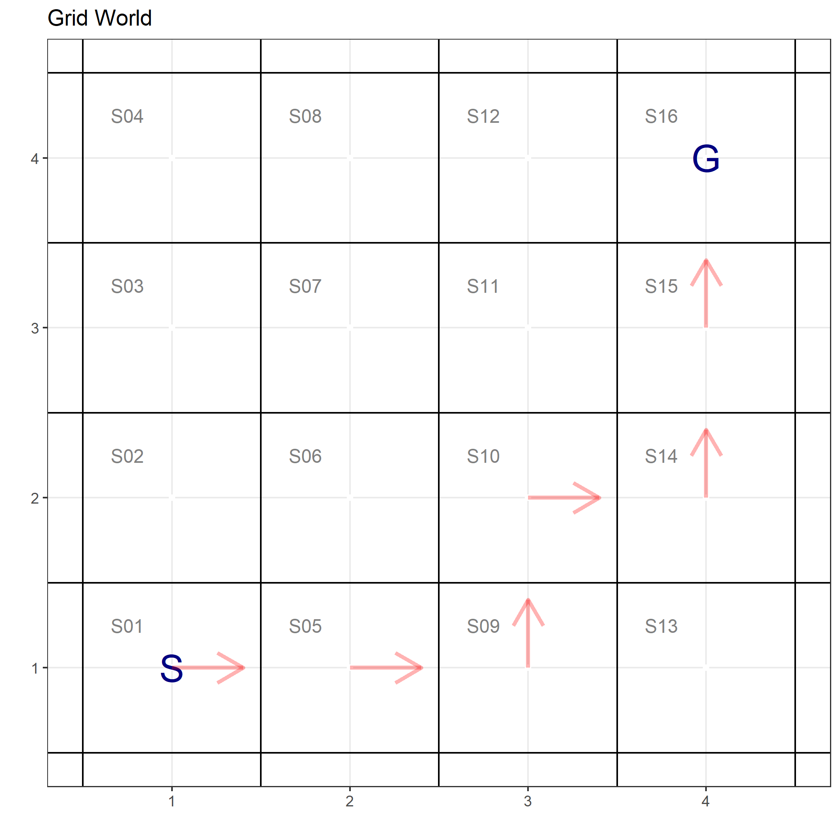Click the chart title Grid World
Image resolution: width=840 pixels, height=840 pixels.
click(99, 18)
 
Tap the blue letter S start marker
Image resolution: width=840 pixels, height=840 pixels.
click(171, 669)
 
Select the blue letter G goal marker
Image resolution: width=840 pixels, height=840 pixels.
click(706, 159)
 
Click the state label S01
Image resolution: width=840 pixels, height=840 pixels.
click(126, 626)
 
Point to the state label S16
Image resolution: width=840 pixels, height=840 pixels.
click(661, 116)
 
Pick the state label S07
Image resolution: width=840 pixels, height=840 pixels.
click(305, 286)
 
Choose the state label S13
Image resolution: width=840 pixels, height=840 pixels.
click(661, 626)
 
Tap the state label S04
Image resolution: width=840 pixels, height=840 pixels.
click(127, 116)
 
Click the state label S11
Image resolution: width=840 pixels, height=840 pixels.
click(483, 286)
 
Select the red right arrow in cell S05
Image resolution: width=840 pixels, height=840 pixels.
click(386, 667)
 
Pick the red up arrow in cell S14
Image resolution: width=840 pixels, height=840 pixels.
click(706, 463)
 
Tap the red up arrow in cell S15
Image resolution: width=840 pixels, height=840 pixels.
click(706, 293)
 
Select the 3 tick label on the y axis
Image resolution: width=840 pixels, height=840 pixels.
click(35, 328)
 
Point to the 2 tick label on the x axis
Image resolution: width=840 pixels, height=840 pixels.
click(350, 801)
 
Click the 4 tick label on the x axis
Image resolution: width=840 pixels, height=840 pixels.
click(705, 801)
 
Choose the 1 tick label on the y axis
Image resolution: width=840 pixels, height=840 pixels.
click(35, 668)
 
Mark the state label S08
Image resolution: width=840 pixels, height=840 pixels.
click(305, 116)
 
